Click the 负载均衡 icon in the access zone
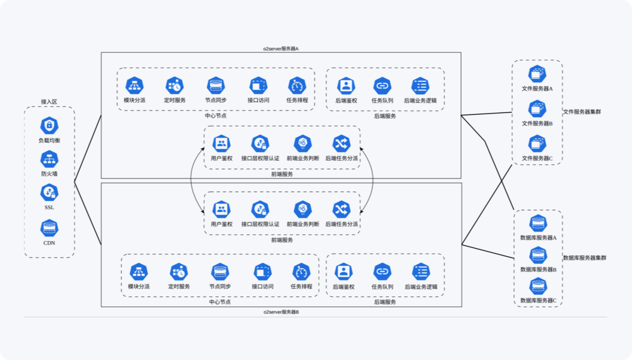[x=49, y=126]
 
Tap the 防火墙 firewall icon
[x=49, y=160]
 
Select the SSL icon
[x=49, y=193]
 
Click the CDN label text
[x=49, y=242]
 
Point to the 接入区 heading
[x=49, y=102]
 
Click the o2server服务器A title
[x=281, y=48]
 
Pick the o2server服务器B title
[x=281, y=312]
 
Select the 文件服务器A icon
[x=537, y=74]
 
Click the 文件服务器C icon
[x=537, y=144]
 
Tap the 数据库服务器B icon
[x=538, y=255]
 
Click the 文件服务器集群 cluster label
[x=582, y=112]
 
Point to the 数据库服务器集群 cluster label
[x=584, y=258]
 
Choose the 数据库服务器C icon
[x=538, y=286]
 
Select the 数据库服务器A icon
[x=538, y=224]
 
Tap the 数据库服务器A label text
[x=538, y=238]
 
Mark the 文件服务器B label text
[x=537, y=124]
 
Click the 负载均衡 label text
[x=49, y=141]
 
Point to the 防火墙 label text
[x=49, y=174]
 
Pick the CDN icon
[x=49, y=228]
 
